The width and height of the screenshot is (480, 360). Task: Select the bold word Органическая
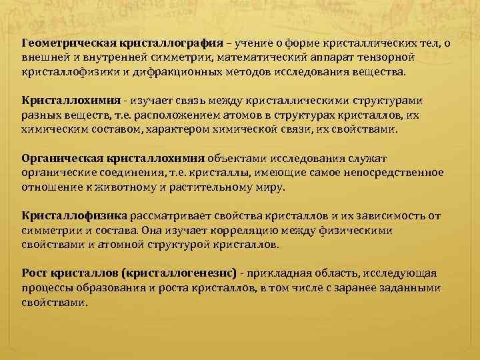point(59,159)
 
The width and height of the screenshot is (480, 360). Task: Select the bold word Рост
point(34,273)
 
